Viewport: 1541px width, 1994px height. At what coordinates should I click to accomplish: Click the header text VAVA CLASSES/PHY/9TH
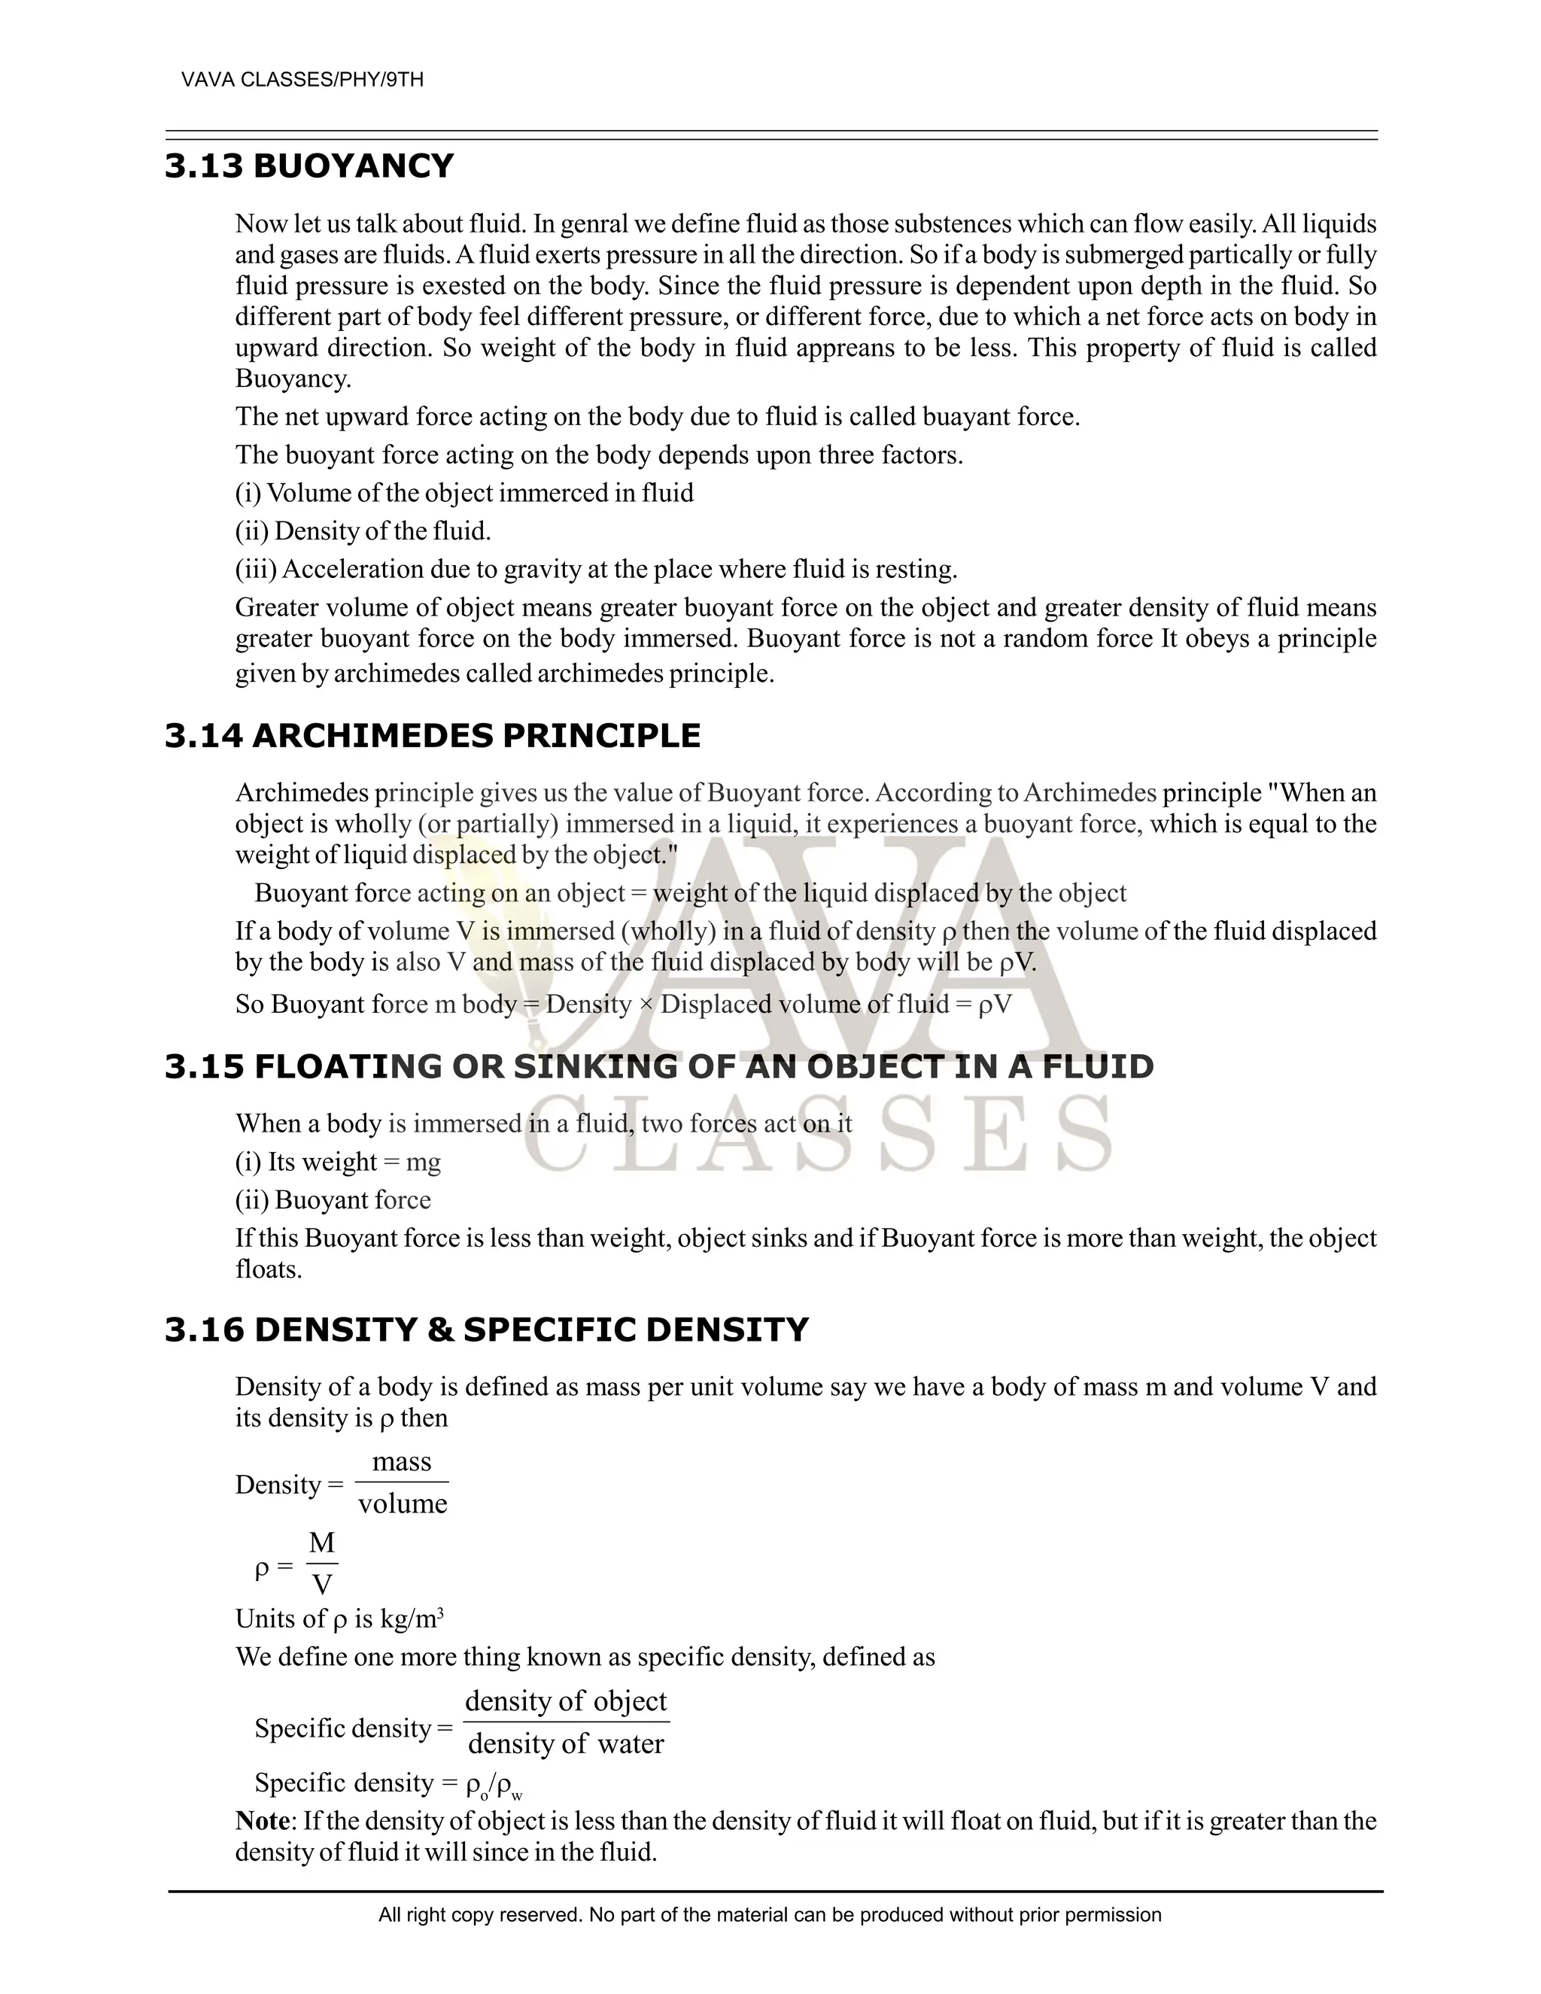tap(302, 81)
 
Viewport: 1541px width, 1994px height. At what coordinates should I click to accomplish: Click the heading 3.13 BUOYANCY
tap(309, 166)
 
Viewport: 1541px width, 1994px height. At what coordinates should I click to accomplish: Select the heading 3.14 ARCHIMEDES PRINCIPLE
tap(432, 736)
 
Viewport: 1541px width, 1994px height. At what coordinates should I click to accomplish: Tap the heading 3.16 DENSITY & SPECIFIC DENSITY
tap(485, 1330)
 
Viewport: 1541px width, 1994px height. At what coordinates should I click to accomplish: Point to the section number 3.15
tap(205, 1066)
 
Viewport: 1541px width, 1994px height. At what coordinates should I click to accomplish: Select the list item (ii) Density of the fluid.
tap(363, 531)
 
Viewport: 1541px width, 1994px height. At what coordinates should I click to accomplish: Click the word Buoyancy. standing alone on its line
tap(293, 379)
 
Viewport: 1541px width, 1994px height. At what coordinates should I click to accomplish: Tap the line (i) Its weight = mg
tap(338, 1163)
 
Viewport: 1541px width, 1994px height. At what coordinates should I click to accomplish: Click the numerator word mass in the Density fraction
tap(402, 1462)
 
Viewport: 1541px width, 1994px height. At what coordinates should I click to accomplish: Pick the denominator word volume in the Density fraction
tap(403, 1503)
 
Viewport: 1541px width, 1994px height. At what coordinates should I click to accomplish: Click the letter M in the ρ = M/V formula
tap(321, 1544)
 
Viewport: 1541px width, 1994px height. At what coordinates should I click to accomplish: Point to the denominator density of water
tap(566, 1744)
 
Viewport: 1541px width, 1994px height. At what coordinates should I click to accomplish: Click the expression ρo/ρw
tap(494, 1785)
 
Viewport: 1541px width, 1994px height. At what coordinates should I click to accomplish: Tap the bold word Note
tap(262, 1822)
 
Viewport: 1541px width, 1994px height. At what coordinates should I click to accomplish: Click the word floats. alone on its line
tap(269, 1270)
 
